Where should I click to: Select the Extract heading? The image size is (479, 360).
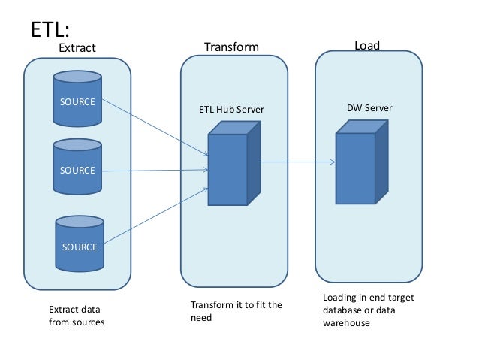(x=77, y=47)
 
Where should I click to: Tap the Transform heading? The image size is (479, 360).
(x=231, y=47)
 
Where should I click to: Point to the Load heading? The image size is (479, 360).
(x=366, y=45)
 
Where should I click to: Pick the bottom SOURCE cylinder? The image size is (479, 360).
(x=79, y=244)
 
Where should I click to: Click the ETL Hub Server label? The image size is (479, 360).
(x=231, y=110)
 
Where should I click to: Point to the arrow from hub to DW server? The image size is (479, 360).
(x=297, y=161)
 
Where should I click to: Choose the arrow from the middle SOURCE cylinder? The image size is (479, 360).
(x=154, y=171)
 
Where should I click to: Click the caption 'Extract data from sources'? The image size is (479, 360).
(x=76, y=316)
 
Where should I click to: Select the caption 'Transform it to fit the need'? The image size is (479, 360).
(x=236, y=311)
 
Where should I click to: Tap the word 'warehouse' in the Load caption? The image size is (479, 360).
(x=347, y=324)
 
